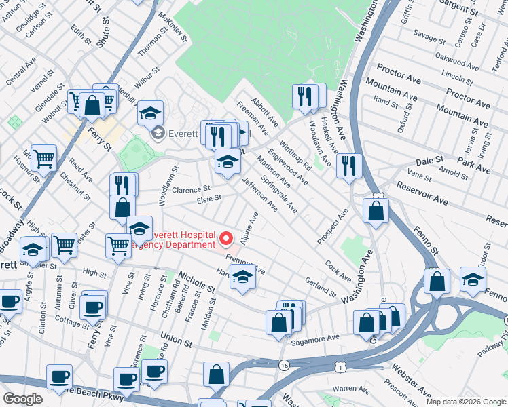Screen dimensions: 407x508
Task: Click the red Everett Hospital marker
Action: [225, 238]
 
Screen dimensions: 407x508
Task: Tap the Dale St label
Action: [429, 160]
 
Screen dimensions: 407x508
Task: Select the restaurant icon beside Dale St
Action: [349, 165]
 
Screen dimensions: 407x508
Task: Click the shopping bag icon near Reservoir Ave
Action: [376, 210]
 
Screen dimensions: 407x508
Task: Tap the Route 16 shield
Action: [284, 365]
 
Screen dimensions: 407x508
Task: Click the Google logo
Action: [22, 399]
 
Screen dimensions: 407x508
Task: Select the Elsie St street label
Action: [208, 199]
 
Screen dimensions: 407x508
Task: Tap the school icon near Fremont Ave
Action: [242, 276]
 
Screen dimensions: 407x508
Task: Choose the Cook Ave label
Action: [338, 271]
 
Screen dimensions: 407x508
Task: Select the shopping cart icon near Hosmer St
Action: [44, 159]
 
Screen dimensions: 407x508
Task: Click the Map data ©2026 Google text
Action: [465, 402]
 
